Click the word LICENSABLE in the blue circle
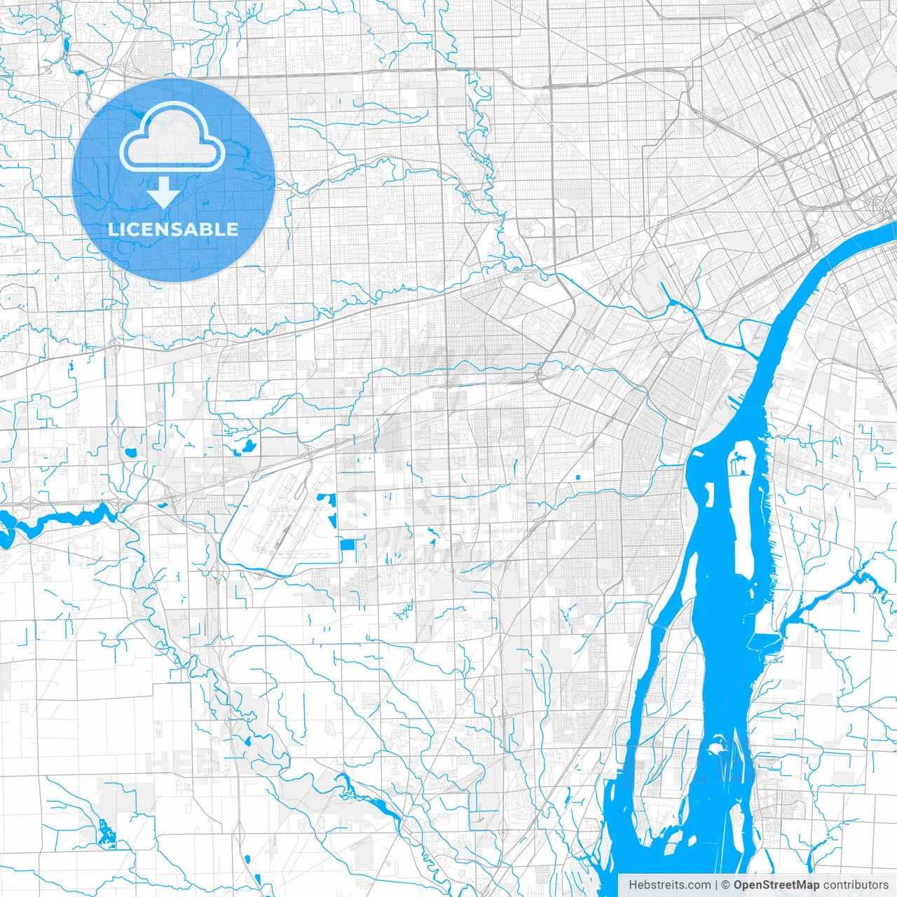click(x=172, y=229)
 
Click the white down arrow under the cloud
click(x=164, y=193)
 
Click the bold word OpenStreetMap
click(x=776, y=885)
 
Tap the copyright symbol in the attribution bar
click(x=726, y=885)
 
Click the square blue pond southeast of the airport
click(x=348, y=545)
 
